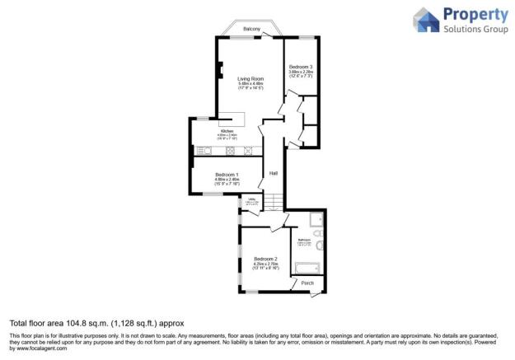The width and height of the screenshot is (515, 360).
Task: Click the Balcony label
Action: point(251,30)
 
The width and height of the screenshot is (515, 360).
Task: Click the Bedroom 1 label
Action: point(227,175)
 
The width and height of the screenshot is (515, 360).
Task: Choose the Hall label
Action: point(273,173)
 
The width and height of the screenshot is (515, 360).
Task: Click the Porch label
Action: point(307,283)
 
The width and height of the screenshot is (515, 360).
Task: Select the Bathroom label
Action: point(304,240)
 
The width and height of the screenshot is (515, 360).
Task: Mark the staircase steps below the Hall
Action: point(274,202)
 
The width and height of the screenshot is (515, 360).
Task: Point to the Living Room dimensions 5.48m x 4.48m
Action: point(250,83)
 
